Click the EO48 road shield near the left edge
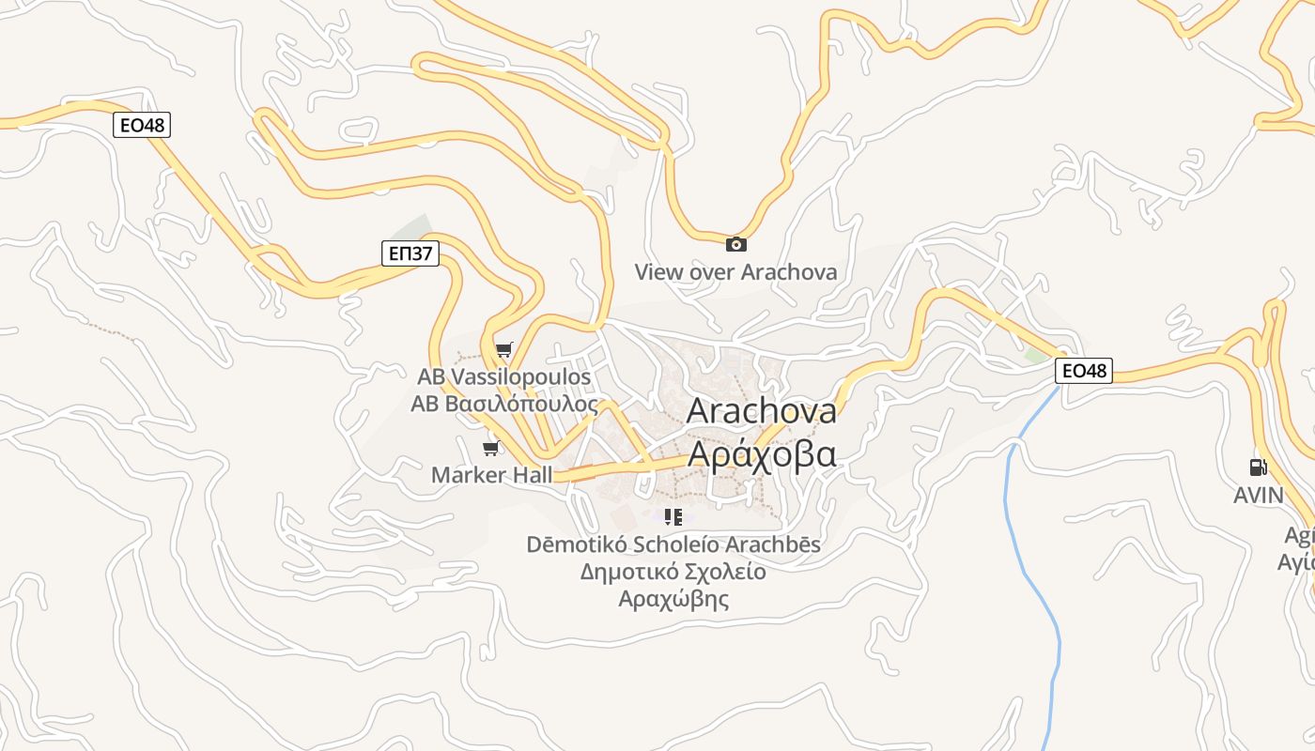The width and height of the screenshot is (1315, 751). pos(142,125)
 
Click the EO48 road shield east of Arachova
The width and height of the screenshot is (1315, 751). pos(1084,371)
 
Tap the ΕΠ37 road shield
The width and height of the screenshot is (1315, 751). pos(410,253)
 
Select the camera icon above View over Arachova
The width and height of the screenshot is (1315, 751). pos(736,244)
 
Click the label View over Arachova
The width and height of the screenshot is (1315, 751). pos(735,272)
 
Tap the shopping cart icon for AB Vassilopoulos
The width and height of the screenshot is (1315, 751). pos(504,350)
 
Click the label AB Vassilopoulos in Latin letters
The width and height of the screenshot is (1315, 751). pos(504,376)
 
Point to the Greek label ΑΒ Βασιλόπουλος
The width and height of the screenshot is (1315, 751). pos(504,404)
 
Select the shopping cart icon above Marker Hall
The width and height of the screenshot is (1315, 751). pos(490,448)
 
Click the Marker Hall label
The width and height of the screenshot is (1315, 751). pos(492,475)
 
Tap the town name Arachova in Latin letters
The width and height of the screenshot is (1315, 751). pos(762,410)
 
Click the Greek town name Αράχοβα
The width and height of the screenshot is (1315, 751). pos(762,453)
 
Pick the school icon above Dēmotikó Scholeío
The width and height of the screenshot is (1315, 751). pos(673,516)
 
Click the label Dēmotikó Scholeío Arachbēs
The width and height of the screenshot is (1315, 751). pos(673,544)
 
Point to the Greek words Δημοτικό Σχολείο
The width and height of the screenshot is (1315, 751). pos(673,572)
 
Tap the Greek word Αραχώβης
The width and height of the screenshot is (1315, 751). pos(673,599)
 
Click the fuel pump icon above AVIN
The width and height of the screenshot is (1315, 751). pos(1258,467)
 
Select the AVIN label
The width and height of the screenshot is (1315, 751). pos(1258,495)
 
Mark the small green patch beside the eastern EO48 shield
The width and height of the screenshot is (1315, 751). pos(1035,357)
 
